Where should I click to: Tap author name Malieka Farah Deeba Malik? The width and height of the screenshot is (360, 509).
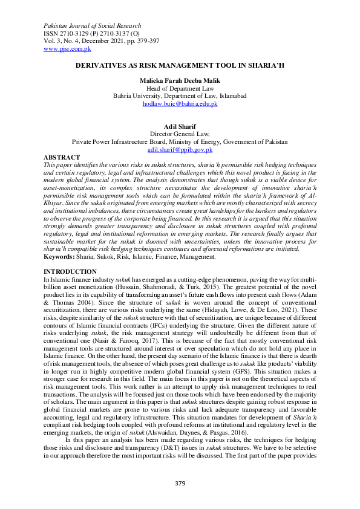pos(180,80)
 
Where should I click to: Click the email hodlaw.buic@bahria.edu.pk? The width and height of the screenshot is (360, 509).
pos(180,104)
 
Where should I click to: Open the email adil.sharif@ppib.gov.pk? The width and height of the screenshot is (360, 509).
pos(180,149)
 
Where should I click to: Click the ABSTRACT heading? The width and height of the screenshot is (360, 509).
pos(62,157)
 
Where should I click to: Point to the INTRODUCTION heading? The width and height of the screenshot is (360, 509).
pos(71,272)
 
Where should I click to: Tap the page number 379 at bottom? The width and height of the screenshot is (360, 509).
pos(180,482)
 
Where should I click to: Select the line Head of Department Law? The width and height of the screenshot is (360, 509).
pos(180,88)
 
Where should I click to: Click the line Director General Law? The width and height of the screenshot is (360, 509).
pos(180,134)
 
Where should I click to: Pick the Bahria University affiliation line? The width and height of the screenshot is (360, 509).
pos(180,96)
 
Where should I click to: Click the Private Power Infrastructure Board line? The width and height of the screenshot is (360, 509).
pos(180,141)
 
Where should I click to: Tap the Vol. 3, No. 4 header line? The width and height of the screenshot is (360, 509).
pos(102,42)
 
